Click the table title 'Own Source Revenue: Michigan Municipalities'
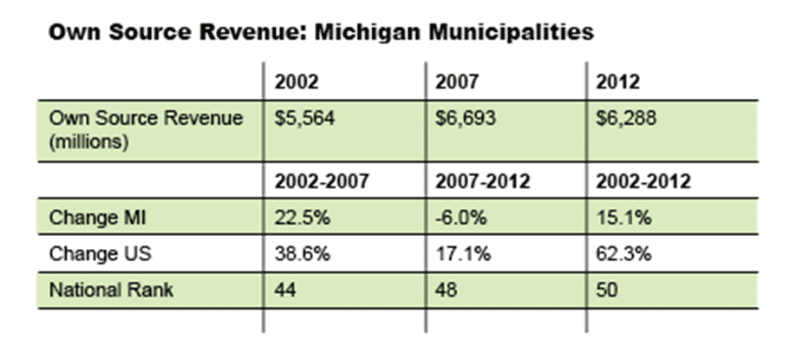(x=320, y=33)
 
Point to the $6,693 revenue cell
(x=465, y=118)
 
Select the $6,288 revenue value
(x=626, y=118)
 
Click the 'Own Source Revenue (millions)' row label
(x=145, y=129)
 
